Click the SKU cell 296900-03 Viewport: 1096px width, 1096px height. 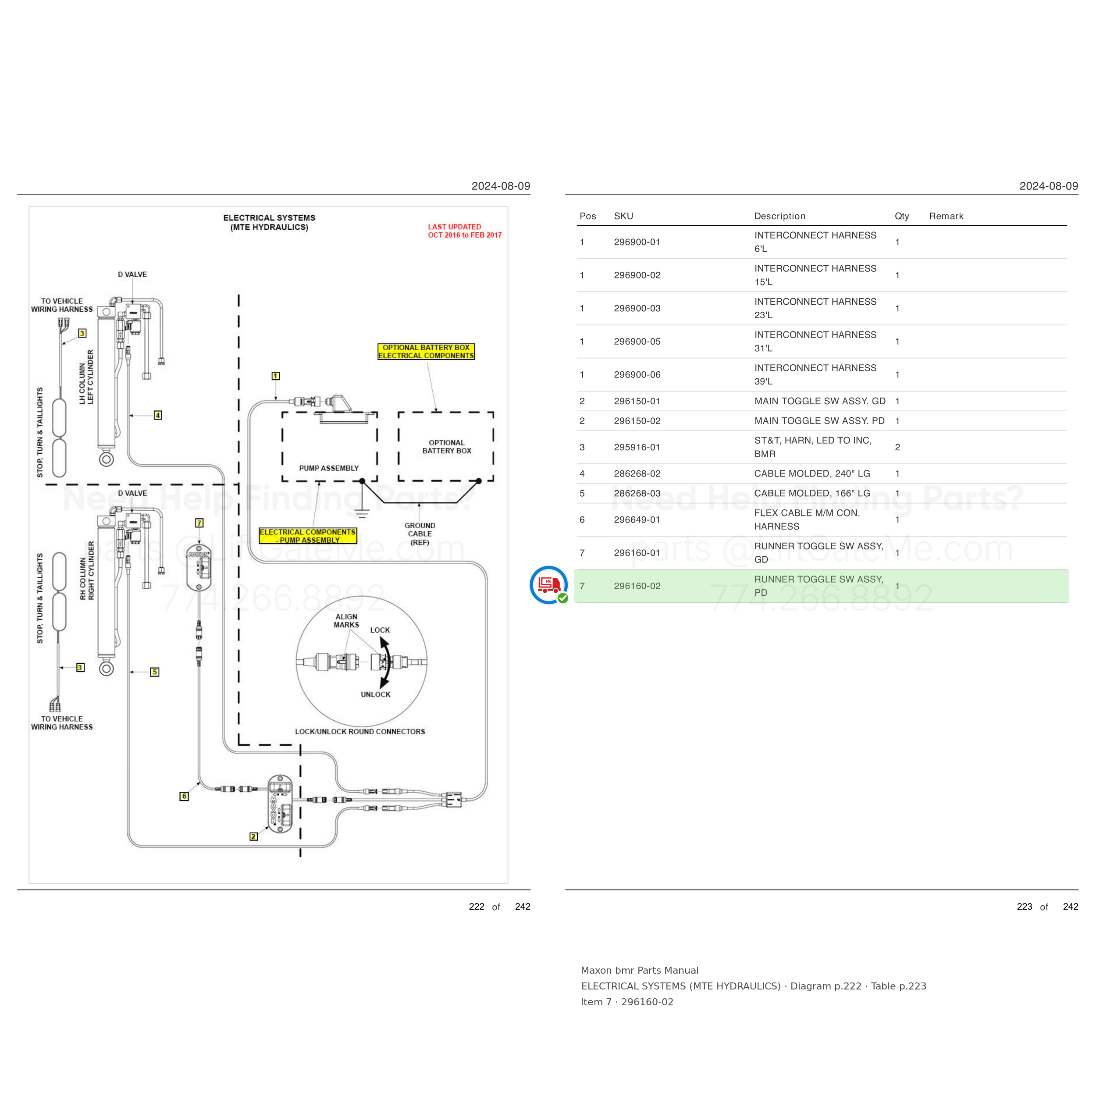637,309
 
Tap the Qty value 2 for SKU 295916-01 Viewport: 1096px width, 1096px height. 897,447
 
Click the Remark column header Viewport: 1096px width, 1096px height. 946,216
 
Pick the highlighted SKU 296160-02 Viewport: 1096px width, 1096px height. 637,586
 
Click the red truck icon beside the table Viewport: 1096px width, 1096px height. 548,585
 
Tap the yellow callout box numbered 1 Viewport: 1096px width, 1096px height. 276,376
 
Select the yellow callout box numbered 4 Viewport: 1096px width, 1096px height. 158,415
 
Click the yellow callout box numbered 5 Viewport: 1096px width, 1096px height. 155,672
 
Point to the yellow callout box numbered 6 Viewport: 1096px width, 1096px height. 184,797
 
